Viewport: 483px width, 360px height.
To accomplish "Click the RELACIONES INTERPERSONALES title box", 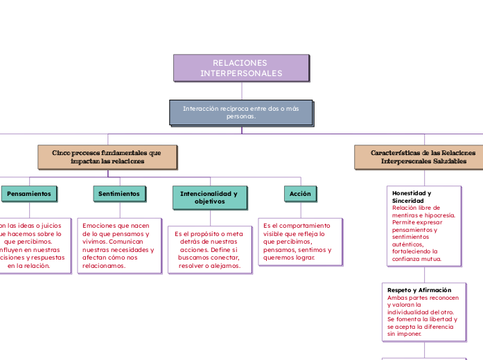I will (241, 68).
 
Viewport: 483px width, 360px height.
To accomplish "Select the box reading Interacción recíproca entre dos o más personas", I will (241, 112).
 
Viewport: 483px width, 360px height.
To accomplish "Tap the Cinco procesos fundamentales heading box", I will (107, 156).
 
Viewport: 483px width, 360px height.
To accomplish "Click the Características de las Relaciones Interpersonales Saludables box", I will (423, 156).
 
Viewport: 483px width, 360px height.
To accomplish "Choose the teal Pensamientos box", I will (28, 194).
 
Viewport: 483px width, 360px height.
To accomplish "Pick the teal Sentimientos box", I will (119, 194).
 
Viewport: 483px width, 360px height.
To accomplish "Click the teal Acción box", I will (300, 194).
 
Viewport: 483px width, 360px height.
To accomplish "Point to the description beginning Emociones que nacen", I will (118, 246).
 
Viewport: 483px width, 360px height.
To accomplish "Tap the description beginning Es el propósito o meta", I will (209, 250).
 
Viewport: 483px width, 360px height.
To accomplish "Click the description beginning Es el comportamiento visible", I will (297, 242).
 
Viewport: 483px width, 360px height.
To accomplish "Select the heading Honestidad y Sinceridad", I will (412, 197).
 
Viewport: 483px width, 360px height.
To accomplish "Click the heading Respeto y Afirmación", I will (419, 290).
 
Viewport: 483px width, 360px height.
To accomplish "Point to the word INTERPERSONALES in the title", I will (241, 73).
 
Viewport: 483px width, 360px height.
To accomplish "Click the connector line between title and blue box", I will (241, 91).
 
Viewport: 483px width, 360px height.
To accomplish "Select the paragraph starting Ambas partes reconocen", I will (423, 315).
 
